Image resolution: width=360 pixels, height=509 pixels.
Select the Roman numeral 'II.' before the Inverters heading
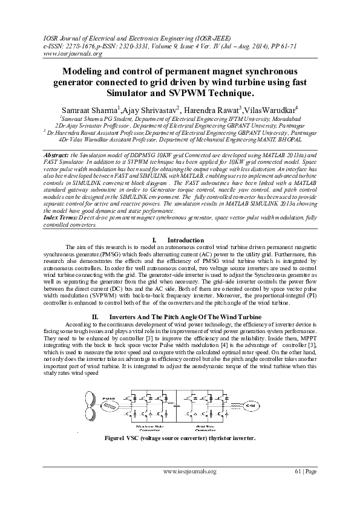[94, 317]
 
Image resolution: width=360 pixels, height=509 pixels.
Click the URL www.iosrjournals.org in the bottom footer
[189, 472]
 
